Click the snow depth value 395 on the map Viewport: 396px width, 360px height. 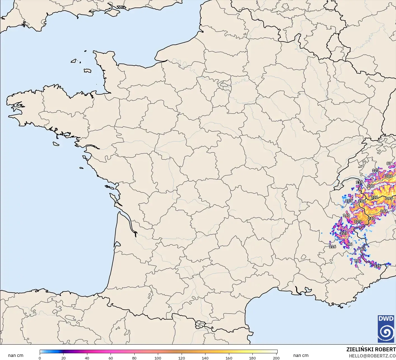pyautogui.click(x=389, y=198)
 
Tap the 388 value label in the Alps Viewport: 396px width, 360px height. pyautogui.click(x=389, y=176)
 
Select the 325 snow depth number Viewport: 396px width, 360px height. pyautogui.click(x=357, y=222)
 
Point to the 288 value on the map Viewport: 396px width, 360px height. pyautogui.click(x=362, y=201)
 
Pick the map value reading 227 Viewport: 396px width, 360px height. pyautogui.click(x=344, y=233)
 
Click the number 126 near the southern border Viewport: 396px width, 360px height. pyautogui.click(x=377, y=266)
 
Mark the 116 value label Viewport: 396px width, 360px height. pyautogui.click(x=332, y=247)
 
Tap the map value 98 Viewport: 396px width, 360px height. pyautogui.click(x=357, y=261)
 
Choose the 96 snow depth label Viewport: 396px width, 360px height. pyautogui.click(x=350, y=244)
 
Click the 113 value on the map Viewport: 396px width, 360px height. pyautogui.click(x=348, y=201)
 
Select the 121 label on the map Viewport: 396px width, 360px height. pyautogui.click(x=375, y=170)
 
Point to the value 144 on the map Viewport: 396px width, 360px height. pyautogui.click(x=384, y=211)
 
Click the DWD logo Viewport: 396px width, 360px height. pyautogui.click(x=386, y=329)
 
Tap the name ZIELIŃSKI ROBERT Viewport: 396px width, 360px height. pyautogui.click(x=371, y=349)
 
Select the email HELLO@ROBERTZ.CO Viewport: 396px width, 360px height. pyautogui.click(x=372, y=356)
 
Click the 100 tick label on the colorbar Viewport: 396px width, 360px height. pyautogui.click(x=158, y=358)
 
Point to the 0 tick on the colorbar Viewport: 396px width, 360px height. pyautogui.click(x=40, y=358)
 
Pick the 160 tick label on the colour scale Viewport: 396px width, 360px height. pyautogui.click(x=229, y=358)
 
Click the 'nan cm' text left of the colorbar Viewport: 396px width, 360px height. pyautogui.click(x=16, y=356)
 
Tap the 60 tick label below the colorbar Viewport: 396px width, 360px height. pyautogui.click(x=111, y=358)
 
